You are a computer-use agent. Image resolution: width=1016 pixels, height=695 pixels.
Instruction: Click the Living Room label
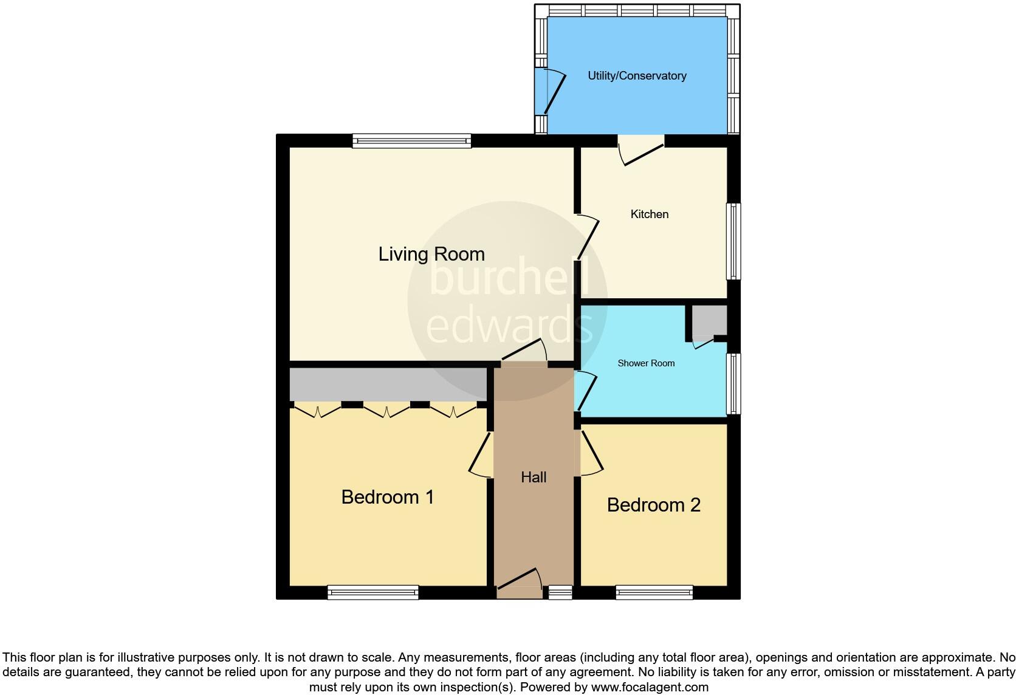431,254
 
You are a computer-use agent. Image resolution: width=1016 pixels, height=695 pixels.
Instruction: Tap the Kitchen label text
649,214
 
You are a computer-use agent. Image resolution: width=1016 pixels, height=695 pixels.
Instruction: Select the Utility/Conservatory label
637,76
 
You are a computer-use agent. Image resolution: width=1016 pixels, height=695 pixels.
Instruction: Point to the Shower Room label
646,363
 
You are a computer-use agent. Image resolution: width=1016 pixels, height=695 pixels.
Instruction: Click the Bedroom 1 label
388,497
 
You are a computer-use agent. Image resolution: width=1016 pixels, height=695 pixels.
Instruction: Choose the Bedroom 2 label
653,505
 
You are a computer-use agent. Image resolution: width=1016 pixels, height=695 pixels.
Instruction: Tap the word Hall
534,478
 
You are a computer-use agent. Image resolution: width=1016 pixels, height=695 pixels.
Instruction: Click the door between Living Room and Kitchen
587,237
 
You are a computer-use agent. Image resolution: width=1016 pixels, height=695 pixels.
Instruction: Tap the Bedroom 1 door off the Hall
481,454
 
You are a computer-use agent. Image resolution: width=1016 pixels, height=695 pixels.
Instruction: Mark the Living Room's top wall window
412,141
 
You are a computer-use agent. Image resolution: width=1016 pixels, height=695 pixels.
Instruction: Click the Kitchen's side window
734,241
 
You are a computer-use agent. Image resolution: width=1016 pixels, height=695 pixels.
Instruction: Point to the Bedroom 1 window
372,592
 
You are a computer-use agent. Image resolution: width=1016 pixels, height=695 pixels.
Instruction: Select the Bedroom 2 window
654,592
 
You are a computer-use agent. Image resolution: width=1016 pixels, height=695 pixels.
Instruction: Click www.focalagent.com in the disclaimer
650,688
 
